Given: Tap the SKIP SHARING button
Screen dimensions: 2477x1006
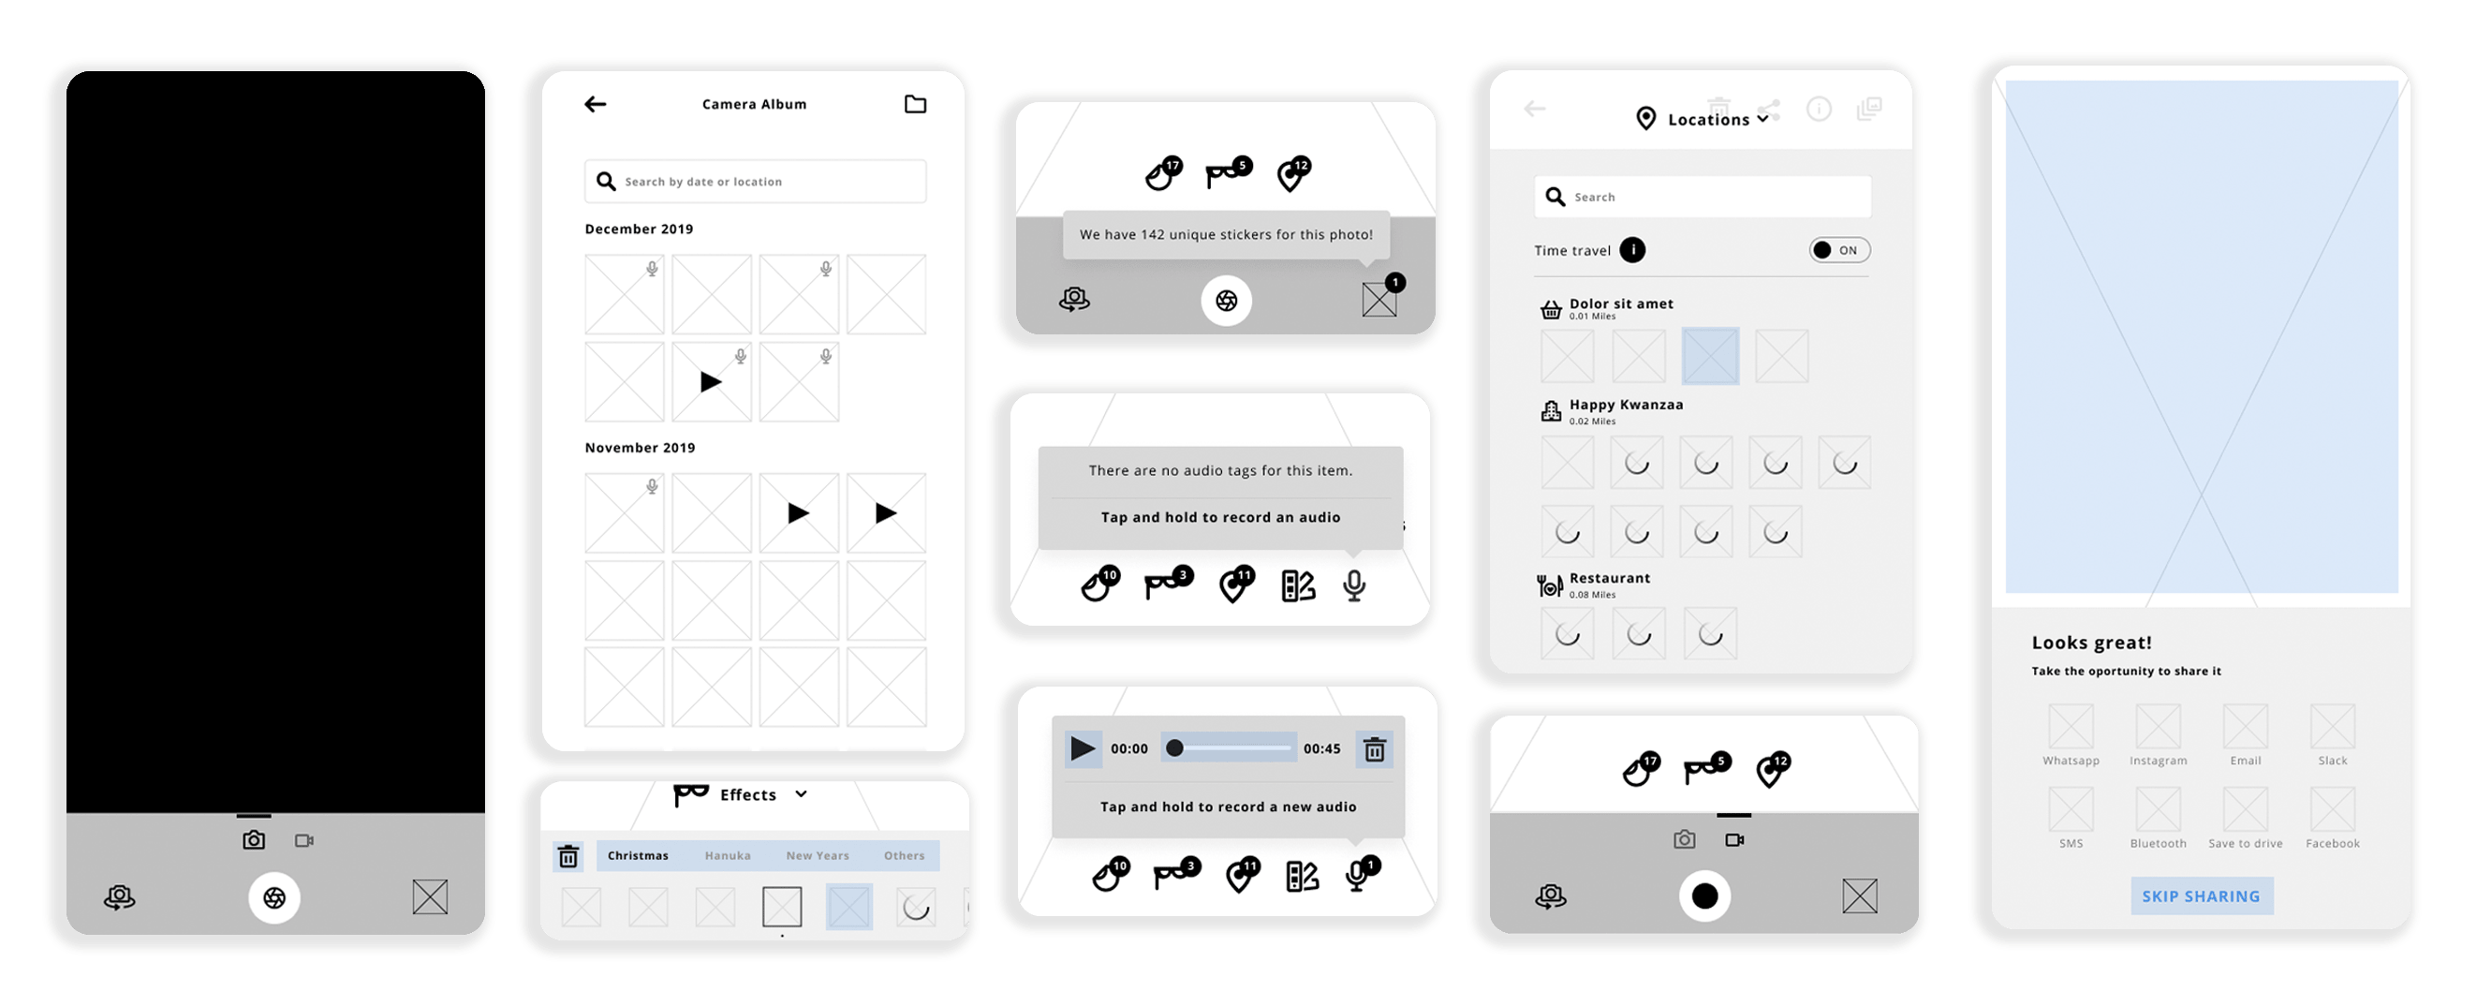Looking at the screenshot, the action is coord(2201,895).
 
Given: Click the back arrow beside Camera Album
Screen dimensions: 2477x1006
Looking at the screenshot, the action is coord(596,104).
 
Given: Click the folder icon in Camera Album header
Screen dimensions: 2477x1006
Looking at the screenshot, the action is coord(916,104).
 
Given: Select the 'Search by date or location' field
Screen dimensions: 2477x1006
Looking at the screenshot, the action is coord(755,181).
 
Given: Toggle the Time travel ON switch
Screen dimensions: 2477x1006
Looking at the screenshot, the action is coord(1839,250).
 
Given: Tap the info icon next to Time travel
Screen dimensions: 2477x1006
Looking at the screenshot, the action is coord(1632,250).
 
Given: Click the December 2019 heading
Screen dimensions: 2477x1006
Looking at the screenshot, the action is coord(639,229).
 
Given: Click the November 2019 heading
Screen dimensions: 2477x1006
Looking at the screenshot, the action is coord(640,447).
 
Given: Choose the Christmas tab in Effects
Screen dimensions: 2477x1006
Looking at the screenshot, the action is coord(638,855).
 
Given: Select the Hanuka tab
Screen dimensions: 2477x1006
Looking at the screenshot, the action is coord(727,855).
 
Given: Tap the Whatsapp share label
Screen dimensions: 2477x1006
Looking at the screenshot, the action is coord(2072,761).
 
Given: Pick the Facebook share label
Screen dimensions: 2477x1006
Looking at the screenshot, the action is coord(2333,843).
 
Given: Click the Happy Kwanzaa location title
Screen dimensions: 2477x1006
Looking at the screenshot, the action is coord(1626,405).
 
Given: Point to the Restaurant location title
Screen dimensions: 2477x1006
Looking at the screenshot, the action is coord(1610,578).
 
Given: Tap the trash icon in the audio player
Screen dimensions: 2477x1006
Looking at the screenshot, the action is coord(1375,749).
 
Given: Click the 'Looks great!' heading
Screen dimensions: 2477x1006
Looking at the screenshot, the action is coord(2091,643).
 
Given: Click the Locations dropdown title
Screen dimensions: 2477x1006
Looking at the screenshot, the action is coord(1709,119).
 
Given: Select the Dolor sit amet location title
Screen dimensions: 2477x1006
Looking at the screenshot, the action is coord(1621,303).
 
